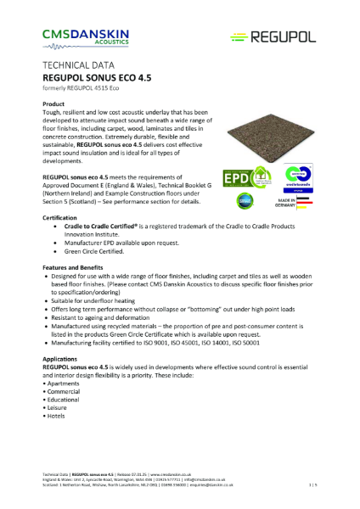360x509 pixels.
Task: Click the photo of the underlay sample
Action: (x=277, y=122)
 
